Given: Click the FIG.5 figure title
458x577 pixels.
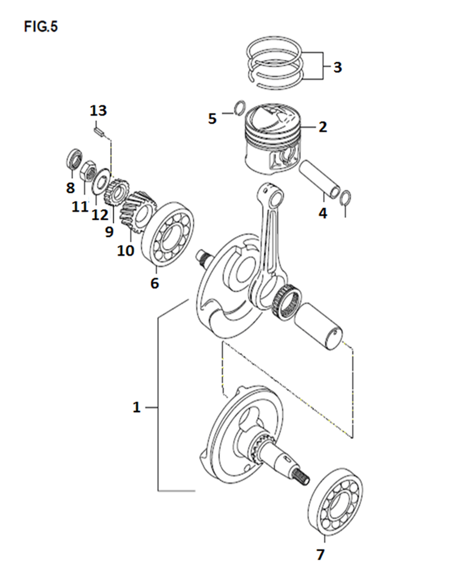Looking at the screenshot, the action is (41, 26).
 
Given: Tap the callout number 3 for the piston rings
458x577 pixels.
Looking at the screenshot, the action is (338, 67).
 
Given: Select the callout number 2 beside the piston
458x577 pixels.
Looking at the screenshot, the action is (323, 127).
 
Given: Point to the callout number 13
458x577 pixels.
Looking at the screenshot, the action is (99, 110).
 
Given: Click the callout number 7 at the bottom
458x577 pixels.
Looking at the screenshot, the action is (321, 554).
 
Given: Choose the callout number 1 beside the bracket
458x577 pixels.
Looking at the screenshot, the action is (137, 408).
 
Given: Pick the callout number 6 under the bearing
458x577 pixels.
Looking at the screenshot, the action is (155, 283).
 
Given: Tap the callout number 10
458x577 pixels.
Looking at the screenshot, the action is (125, 250).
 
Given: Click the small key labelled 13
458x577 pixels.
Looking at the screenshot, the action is (99, 131).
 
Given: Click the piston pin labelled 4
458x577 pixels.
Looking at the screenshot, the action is (320, 179).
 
